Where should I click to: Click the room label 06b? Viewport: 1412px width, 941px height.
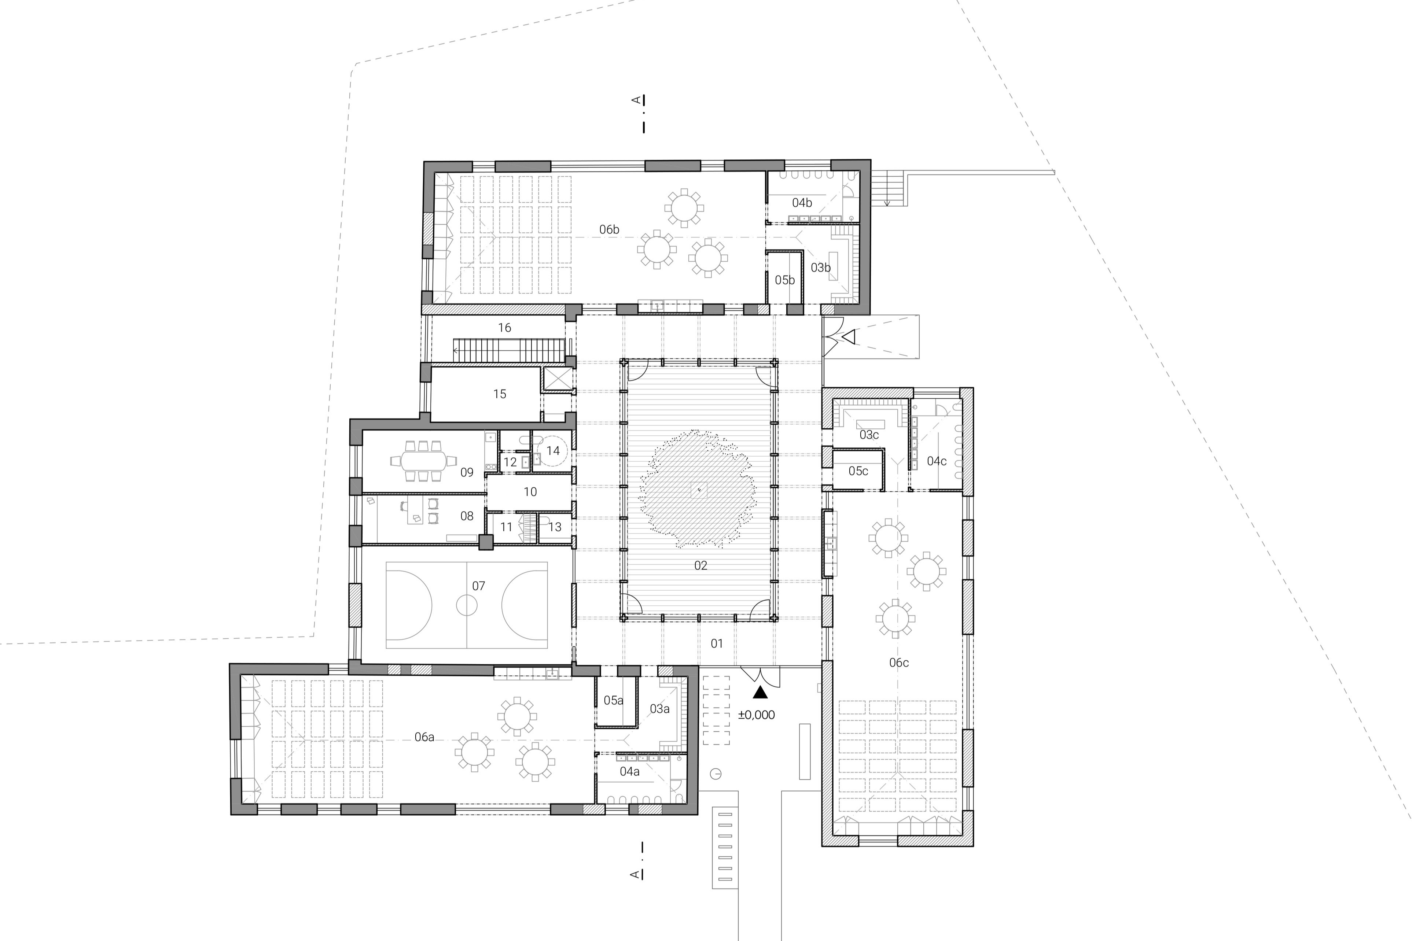(x=609, y=229)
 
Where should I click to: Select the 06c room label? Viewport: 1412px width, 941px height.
(x=899, y=663)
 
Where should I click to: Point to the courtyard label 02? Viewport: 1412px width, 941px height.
(x=701, y=565)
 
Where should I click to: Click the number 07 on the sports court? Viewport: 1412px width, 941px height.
(x=478, y=586)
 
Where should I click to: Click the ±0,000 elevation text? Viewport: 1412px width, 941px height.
(x=757, y=715)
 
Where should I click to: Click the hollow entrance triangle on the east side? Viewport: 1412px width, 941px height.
(x=848, y=338)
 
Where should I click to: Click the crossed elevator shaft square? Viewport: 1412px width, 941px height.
(x=555, y=379)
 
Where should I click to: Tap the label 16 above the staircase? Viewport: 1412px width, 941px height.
(x=504, y=328)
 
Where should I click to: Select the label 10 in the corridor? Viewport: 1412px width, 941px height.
(x=530, y=492)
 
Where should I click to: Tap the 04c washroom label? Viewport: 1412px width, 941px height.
(x=937, y=461)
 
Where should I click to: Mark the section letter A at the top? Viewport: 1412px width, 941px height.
(x=636, y=100)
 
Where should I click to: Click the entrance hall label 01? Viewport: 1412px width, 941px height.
(x=717, y=643)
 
